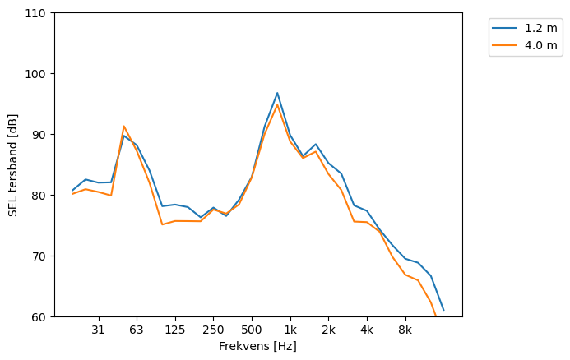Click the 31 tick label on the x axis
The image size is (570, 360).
pyautogui.click(x=98, y=330)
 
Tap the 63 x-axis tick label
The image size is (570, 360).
pyautogui.click(x=137, y=330)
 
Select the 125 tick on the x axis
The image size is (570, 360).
pyautogui.click(x=174, y=330)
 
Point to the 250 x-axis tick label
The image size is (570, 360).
pyautogui.click(x=213, y=330)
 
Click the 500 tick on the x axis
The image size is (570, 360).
pyautogui.click(x=252, y=330)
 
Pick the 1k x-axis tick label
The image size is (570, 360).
pyautogui.click(x=290, y=330)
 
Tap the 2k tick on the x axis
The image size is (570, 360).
pyautogui.click(x=328, y=330)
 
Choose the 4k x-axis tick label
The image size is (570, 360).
pyautogui.click(x=367, y=330)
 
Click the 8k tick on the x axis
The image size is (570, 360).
pyautogui.click(x=405, y=330)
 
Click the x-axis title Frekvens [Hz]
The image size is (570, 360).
pyautogui.click(x=257, y=347)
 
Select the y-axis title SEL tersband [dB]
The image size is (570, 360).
pyautogui.click(x=13, y=164)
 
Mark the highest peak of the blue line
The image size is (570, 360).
pyautogui.click(x=277, y=93)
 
